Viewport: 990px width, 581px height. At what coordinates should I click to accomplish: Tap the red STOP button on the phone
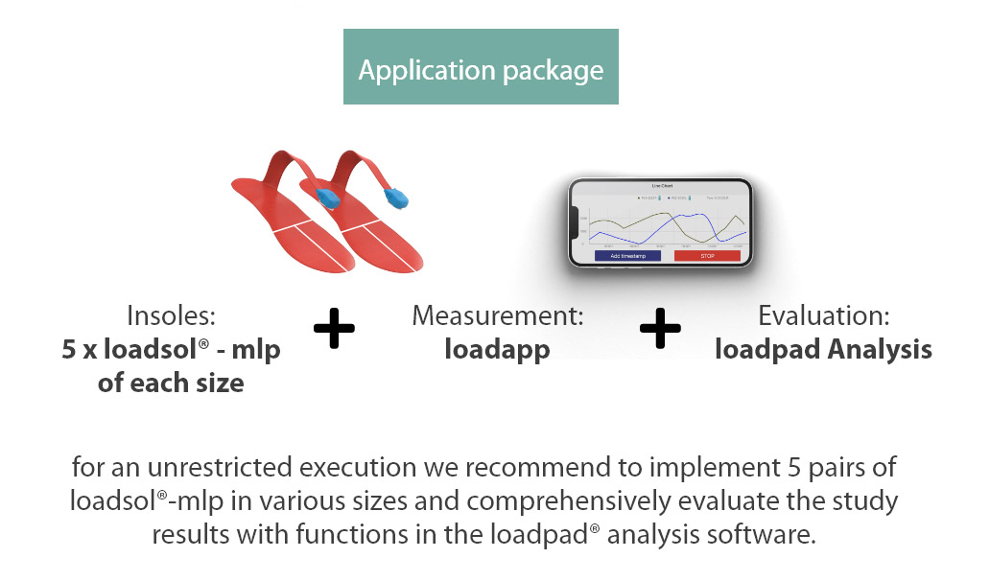707,256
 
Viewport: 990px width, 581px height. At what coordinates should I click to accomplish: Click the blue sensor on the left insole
330,196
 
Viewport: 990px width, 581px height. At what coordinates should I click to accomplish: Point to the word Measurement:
497,315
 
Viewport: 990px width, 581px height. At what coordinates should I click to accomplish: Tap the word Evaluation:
824,315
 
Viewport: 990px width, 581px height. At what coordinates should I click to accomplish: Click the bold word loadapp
497,349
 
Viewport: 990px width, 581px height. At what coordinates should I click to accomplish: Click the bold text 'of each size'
171,383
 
